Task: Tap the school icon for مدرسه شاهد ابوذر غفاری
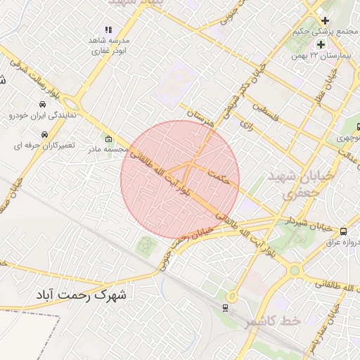pos(108,30)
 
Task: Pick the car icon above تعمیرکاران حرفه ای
pos(44,134)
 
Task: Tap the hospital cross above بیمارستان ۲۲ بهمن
pos(321,45)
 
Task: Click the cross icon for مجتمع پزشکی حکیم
pos(325,20)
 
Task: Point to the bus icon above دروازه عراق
pos(343,231)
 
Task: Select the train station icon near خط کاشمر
pos(225,307)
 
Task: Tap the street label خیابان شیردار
pos(307,224)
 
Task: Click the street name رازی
pos(246,125)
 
